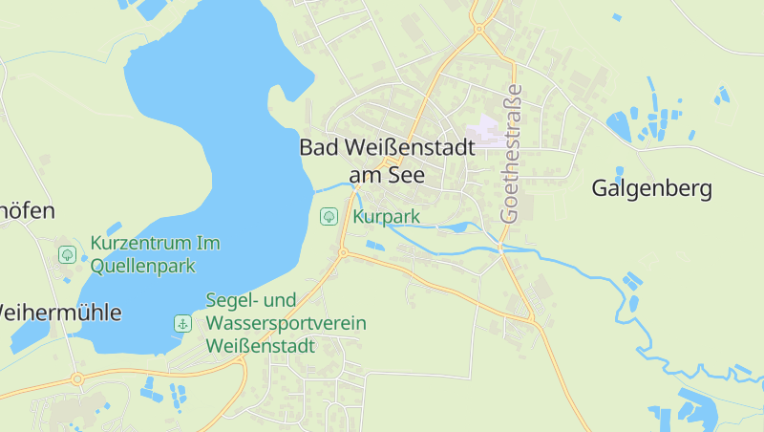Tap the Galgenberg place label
651,188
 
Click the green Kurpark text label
386,217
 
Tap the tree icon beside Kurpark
328,217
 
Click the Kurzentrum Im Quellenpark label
155,254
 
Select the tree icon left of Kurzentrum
67,254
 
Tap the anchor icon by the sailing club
181,323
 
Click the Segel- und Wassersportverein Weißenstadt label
286,323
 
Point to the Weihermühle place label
59,313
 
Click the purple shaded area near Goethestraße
488,131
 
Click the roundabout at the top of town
478,29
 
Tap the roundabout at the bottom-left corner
77,379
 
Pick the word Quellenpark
142,266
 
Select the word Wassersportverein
286,323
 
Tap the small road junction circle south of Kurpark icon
342,252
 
